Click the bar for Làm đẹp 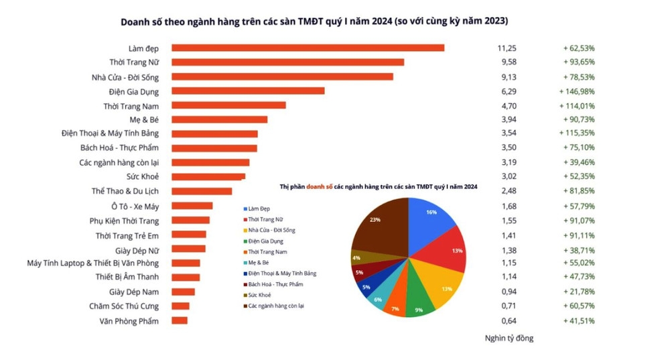point(308,48)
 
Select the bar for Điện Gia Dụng point(248,91)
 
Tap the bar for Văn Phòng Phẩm point(180,321)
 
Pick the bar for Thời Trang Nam point(228,105)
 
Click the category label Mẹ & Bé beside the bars point(144,119)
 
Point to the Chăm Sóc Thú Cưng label point(124,306)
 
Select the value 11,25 point(507,48)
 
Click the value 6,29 point(509,91)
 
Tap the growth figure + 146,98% point(576,91)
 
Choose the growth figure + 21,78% point(578,292)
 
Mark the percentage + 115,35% point(576,133)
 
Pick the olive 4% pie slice point(359,257)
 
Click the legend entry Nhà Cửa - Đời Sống point(271,230)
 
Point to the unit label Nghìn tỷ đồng point(509,338)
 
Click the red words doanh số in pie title point(320,186)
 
